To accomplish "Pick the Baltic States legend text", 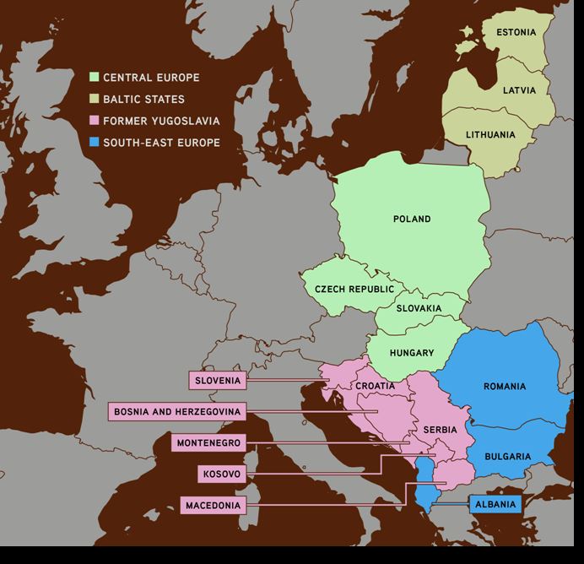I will coord(143,99).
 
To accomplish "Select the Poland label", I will coord(412,220).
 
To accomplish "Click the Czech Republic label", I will coord(354,290).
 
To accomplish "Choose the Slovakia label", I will coord(419,309).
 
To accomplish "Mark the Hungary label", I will coord(412,353).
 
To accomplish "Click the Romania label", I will coord(505,387).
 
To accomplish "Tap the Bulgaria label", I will coord(506,457).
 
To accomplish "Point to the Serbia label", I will coord(440,428).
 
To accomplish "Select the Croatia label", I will coord(375,386).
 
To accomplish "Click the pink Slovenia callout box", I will coord(218,381).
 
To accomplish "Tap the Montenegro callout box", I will coord(208,442).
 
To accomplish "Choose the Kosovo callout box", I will coord(222,475).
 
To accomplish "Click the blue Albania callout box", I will coord(495,504).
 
